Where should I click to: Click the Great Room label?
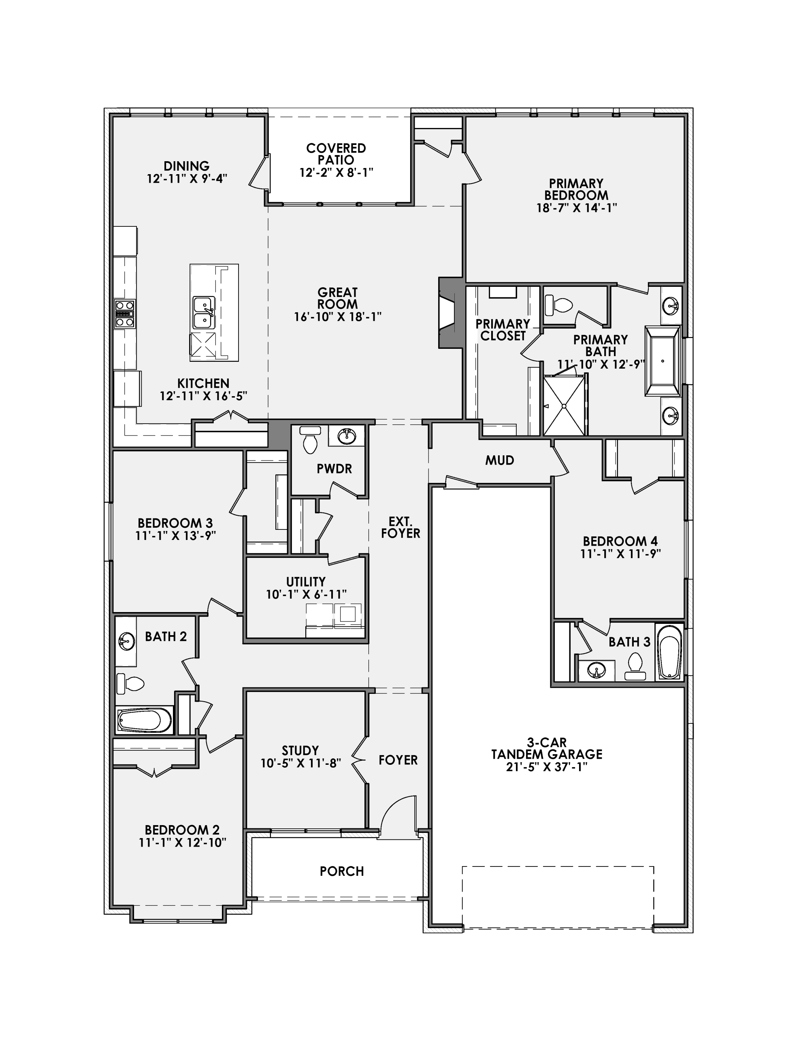338,298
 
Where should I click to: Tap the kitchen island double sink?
204,312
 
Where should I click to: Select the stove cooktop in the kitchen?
125,314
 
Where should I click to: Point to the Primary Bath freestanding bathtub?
663,361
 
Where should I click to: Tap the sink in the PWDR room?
347,435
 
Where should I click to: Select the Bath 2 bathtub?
144,720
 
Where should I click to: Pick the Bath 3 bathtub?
669,652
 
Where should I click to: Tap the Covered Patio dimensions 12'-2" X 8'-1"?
336,172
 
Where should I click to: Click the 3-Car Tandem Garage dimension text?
547,767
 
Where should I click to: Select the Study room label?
300,750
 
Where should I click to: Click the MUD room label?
499,460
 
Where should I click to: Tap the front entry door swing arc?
392,808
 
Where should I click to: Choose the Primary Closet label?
503,329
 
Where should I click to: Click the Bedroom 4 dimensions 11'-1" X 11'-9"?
620,554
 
